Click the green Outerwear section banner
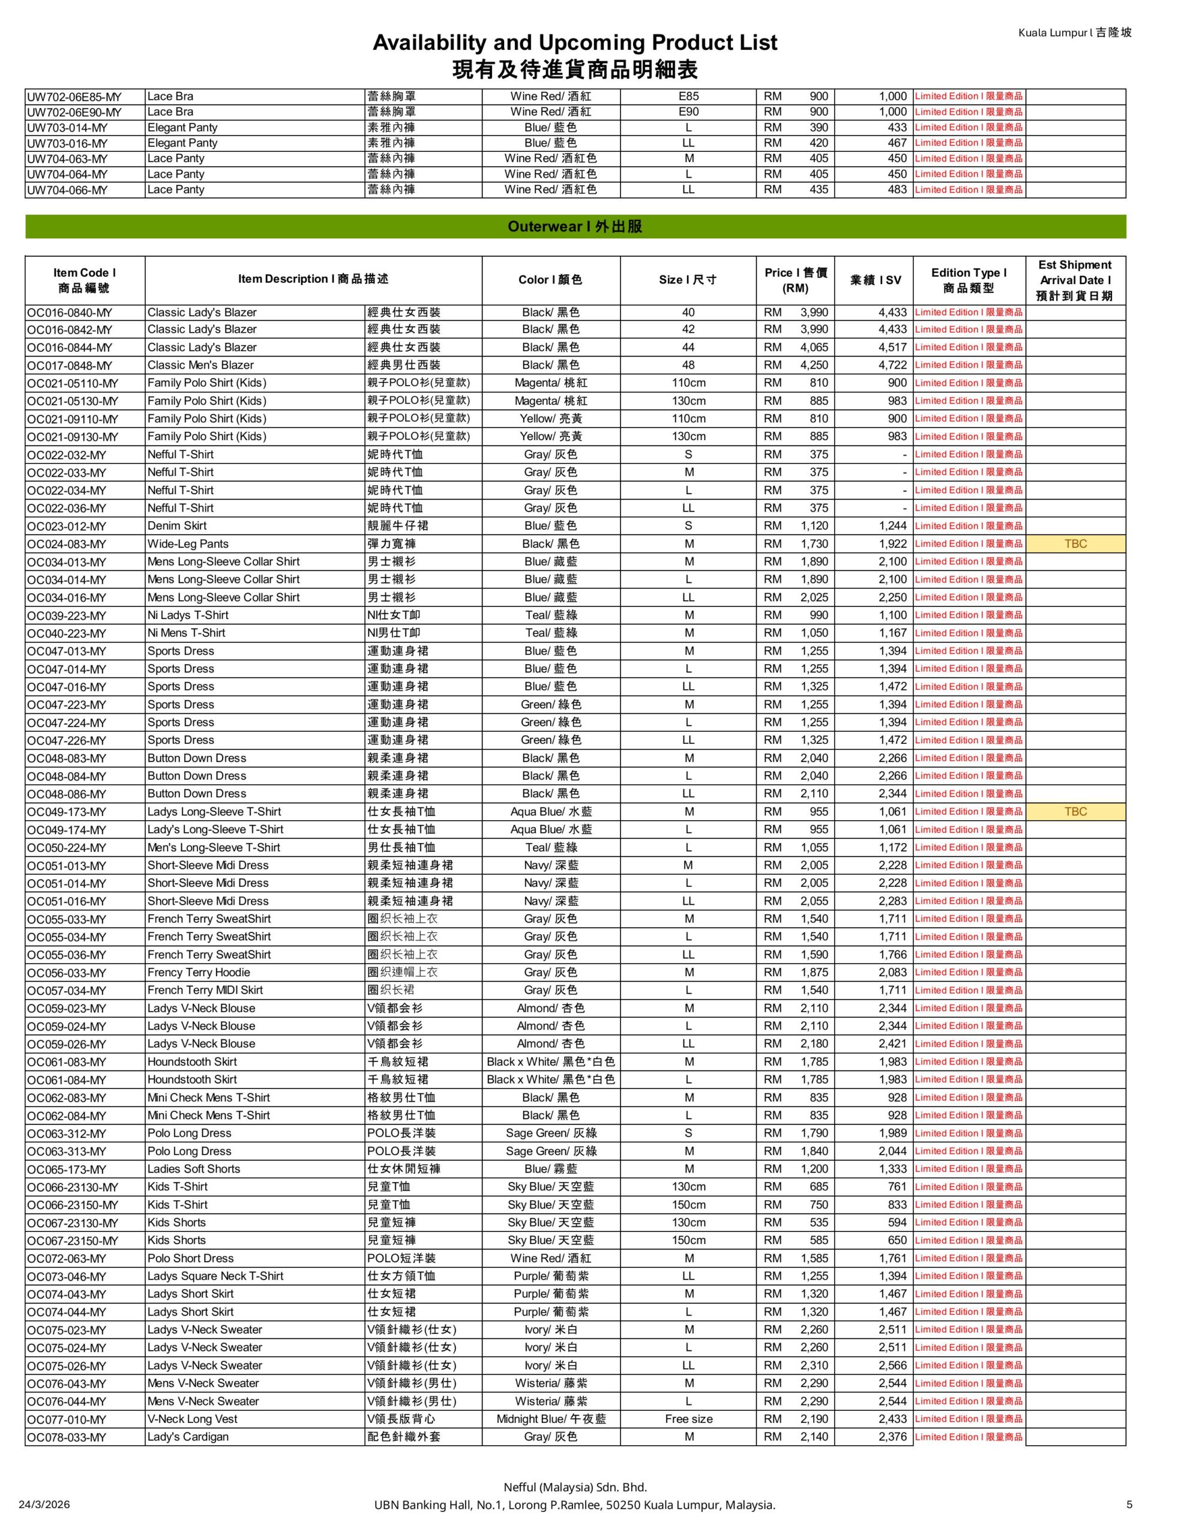click(575, 226)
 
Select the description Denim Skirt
click(176, 526)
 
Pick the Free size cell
click(688, 1419)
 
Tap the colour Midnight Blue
click(550, 1419)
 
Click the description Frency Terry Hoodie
click(199, 973)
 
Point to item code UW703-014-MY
click(67, 127)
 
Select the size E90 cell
click(688, 112)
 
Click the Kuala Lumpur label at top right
click(1074, 32)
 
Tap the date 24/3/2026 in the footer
click(44, 1505)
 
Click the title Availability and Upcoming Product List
click(575, 43)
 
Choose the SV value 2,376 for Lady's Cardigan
click(892, 1437)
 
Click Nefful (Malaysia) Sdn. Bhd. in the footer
click(575, 1487)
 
